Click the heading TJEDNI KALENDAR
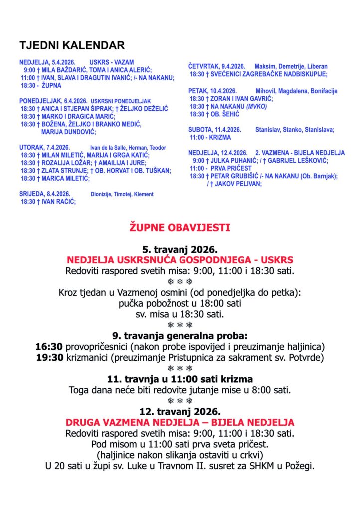[x=72, y=46]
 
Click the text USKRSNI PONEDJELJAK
[x=121, y=101]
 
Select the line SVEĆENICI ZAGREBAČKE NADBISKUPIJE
[x=263, y=74]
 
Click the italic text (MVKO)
[x=257, y=107]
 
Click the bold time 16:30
[x=49, y=346]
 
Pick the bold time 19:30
[x=49, y=358]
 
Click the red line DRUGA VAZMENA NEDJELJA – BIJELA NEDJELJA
[x=180, y=422]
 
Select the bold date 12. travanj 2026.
[x=180, y=411]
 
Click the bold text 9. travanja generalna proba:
[x=180, y=335]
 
